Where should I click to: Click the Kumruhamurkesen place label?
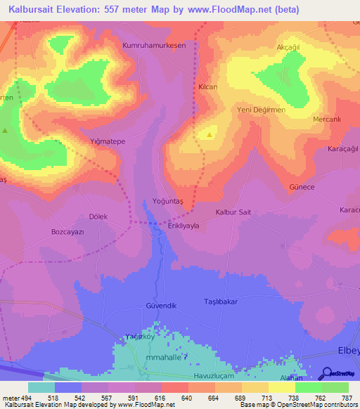tap(154, 45)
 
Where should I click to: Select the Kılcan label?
tap(207, 86)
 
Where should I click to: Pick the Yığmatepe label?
tap(108, 141)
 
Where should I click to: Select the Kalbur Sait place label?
tap(233, 212)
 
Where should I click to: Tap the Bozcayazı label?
tap(68, 231)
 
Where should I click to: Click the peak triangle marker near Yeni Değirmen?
tap(210, 134)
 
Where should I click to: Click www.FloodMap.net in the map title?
tap(212, 9)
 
